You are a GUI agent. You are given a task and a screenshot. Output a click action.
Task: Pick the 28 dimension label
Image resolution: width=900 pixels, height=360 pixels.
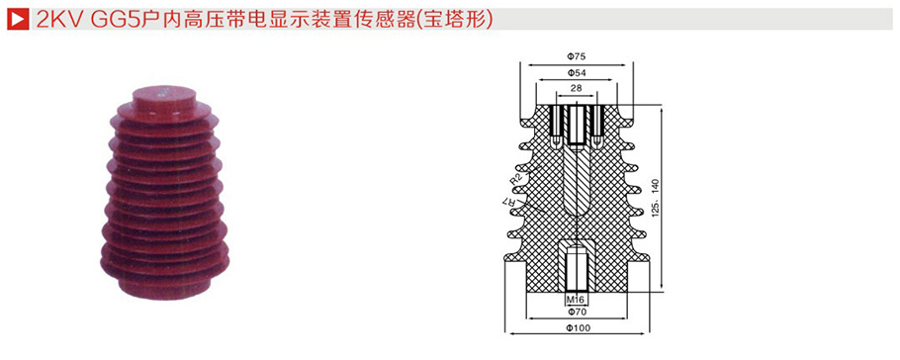577,89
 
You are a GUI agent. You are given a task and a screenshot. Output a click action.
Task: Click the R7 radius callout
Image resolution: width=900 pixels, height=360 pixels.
511,204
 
